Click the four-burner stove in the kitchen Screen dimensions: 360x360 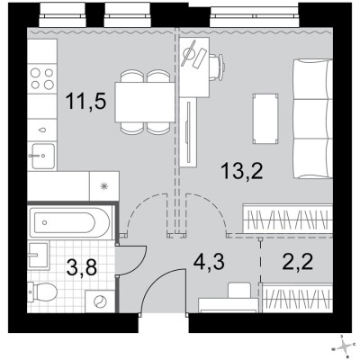40,79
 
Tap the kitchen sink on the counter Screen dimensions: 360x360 40,155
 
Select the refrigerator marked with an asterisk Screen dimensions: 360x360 103,185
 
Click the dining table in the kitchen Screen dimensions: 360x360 146,102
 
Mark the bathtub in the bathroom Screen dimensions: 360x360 67,221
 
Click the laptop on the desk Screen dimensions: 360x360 191,57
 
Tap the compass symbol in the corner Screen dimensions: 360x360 345,345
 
